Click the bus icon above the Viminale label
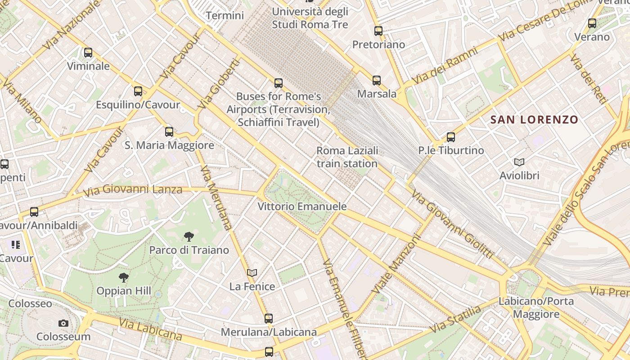pyautogui.click(x=88, y=53)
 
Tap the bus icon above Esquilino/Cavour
pyautogui.click(x=138, y=91)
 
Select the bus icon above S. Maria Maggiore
pyautogui.click(x=169, y=132)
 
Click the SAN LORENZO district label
pyautogui.click(x=534, y=120)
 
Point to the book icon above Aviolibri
pyautogui.click(x=519, y=162)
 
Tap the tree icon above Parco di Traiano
pyautogui.click(x=189, y=236)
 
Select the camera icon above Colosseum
pyautogui.click(x=63, y=323)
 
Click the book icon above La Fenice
pyautogui.click(x=252, y=273)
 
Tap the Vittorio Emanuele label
pyautogui.click(x=302, y=207)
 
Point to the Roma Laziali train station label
pyautogui.click(x=347, y=157)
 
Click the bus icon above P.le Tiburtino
pyautogui.click(x=451, y=137)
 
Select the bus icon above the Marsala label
pyautogui.click(x=377, y=81)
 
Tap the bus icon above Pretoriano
pyautogui.click(x=378, y=31)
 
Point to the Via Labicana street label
pyautogui.click(x=151, y=329)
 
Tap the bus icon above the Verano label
pyautogui.click(x=592, y=23)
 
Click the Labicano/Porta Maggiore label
pyautogui.click(x=536, y=307)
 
